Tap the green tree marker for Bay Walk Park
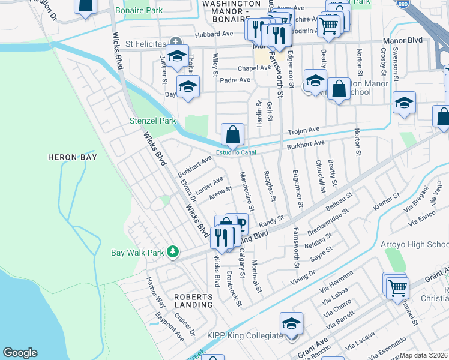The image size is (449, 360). [173, 251]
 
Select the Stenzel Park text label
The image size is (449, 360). [153, 121]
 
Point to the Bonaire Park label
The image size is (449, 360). [140, 11]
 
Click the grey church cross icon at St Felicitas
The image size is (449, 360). [175, 42]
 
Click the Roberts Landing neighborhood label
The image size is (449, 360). [193, 301]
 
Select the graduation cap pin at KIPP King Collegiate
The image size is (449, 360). [292, 324]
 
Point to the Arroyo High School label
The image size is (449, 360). [415, 244]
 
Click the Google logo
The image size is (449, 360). [20, 353]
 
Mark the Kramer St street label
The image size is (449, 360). [387, 201]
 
